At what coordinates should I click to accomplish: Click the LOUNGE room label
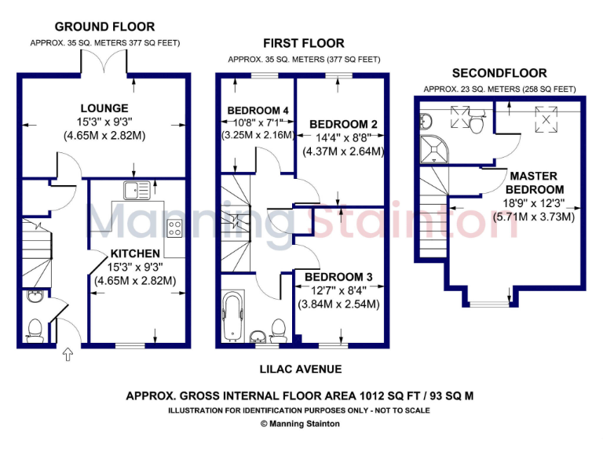click(104, 108)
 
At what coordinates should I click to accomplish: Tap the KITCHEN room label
click(135, 253)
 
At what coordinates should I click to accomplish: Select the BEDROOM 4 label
click(258, 110)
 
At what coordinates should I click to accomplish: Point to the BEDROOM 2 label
click(344, 124)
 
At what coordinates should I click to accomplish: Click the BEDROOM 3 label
click(339, 277)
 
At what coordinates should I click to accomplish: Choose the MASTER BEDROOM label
click(534, 183)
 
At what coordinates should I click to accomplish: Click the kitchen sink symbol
click(137, 189)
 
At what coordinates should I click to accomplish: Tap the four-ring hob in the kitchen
click(174, 228)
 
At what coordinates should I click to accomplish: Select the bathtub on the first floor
click(233, 318)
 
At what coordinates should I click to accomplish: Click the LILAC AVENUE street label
click(301, 369)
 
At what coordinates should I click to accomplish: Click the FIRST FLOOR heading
click(304, 43)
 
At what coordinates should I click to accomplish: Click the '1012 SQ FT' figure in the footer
click(369, 396)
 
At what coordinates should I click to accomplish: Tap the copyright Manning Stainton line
click(301, 423)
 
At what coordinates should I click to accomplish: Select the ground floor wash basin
click(34, 297)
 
